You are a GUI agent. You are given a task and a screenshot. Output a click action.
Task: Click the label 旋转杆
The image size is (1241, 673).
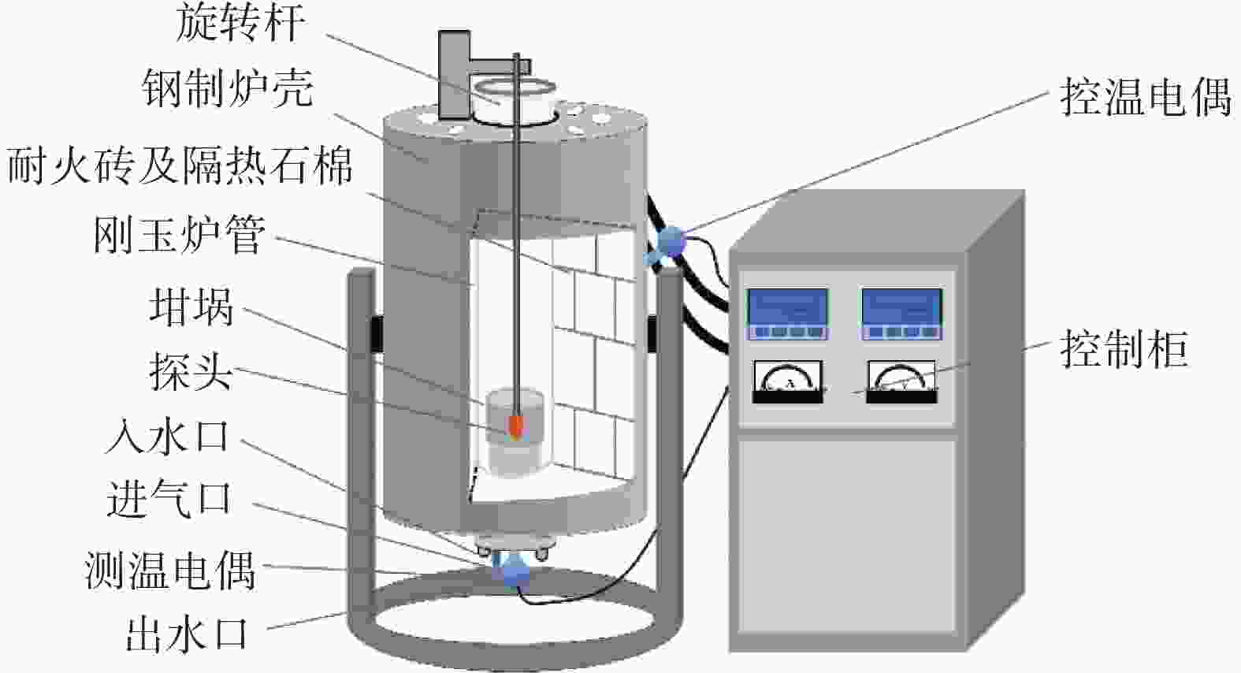[x=240, y=23]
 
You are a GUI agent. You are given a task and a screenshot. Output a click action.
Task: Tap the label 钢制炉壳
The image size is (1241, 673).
[x=228, y=87]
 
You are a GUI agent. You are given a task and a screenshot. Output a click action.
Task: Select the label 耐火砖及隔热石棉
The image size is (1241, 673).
[x=180, y=166]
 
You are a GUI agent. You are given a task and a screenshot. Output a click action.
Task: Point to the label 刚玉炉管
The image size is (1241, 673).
[x=179, y=234]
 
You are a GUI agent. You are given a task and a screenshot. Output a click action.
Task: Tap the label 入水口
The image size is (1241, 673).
[x=167, y=436]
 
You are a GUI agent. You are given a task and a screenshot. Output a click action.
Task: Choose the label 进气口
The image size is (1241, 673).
[x=169, y=499]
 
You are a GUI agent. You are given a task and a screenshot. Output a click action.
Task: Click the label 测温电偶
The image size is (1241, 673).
[x=170, y=569]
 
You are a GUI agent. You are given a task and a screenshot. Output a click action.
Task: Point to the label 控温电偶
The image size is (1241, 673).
[x=1145, y=98]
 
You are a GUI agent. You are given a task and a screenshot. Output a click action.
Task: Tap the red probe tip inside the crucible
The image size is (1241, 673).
[x=516, y=427]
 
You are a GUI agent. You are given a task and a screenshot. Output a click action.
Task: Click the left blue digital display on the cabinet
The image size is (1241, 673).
[x=787, y=313]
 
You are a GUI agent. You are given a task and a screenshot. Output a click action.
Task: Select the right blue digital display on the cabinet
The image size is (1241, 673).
[x=901, y=313]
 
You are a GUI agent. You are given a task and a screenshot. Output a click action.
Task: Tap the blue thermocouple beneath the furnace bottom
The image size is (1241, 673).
[x=513, y=571]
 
